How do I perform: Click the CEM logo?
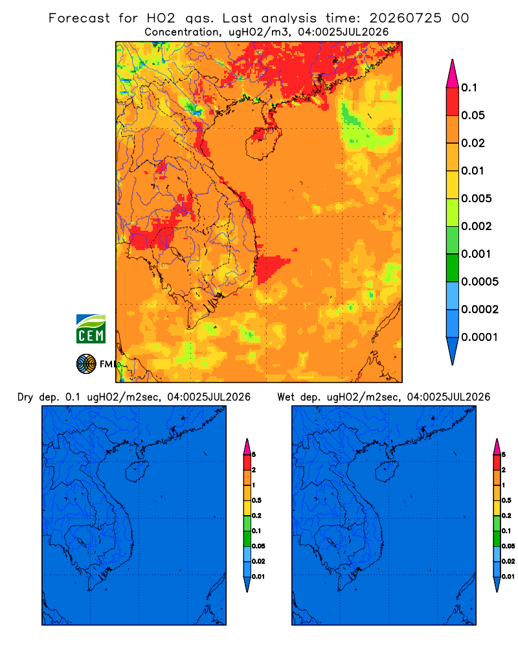(91, 329)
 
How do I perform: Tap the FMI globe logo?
(86, 364)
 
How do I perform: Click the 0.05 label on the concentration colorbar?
(473, 115)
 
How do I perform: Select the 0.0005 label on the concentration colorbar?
(480, 282)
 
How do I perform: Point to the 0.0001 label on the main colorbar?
(480, 337)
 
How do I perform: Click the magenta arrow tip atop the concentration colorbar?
(453, 74)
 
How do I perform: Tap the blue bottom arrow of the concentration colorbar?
(453, 351)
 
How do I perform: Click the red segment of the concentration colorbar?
(453, 102)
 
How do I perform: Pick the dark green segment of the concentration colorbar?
(453, 268)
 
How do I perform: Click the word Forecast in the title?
(79, 18)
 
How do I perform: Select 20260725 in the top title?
(405, 18)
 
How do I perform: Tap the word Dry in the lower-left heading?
(25, 397)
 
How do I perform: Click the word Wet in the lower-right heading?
(286, 397)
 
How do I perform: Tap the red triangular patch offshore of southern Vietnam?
(271, 268)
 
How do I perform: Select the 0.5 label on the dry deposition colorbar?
(257, 500)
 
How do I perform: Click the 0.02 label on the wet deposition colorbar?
(508, 561)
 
